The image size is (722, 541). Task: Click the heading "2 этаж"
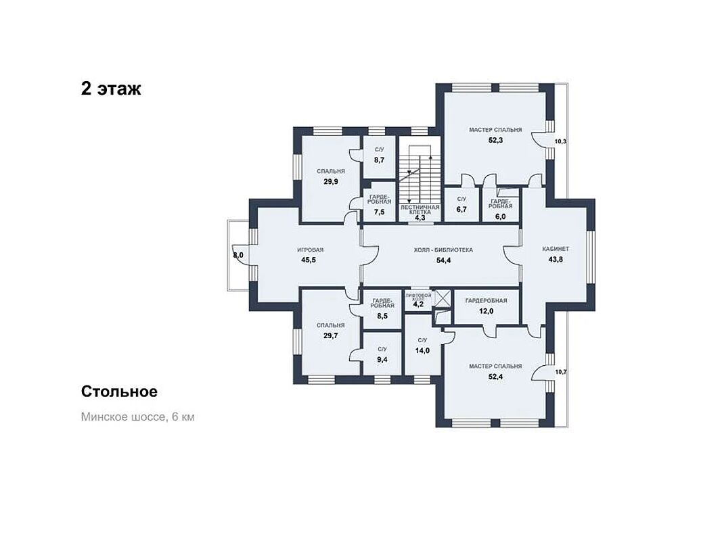click(x=111, y=89)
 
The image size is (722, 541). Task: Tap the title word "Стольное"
click(x=119, y=392)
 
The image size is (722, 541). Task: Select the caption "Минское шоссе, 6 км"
click(x=137, y=417)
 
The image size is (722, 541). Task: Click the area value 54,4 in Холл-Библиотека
click(x=443, y=260)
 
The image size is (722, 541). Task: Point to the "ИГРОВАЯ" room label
click(x=311, y=250)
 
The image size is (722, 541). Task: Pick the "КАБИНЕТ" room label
click(x=556, y=249)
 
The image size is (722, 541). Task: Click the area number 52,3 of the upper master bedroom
click(x=495, y=140)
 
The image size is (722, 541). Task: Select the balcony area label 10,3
click(x=560, y=142)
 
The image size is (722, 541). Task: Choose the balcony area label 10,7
click(x=560, y=372)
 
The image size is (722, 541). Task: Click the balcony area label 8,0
click(x=238, y=256)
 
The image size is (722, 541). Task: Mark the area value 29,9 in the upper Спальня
click(x=331, y=182)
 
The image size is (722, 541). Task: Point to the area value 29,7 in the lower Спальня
click(x=331, y=336)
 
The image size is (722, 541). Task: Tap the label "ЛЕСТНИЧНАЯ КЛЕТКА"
click(x=420, y=210)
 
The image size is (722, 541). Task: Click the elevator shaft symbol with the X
click(x=443, y=298)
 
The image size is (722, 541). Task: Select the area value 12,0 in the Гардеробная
click(x=487, y=311)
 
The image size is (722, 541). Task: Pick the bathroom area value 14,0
click(x=422, y=350)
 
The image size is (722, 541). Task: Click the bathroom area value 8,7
click(x=379, y=160)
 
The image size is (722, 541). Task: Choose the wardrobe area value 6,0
click(x=501, y=216)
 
